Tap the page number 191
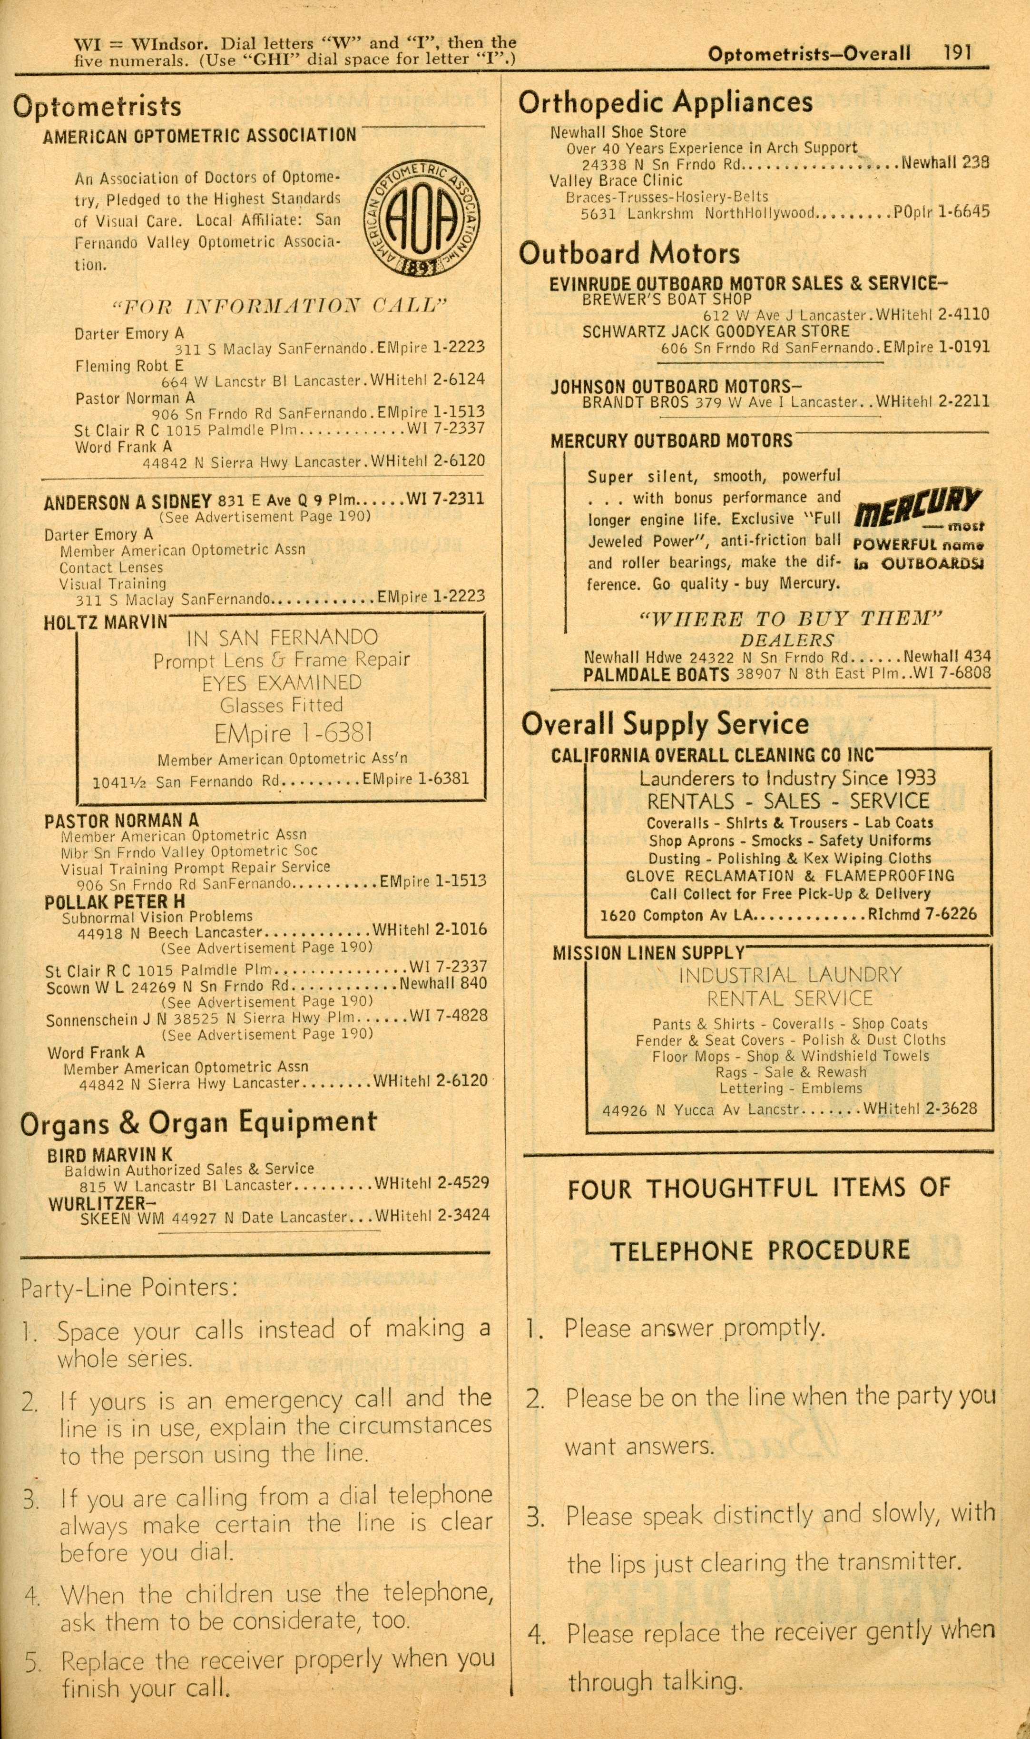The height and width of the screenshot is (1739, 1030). coord(957,53)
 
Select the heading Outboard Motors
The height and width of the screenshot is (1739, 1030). coord(629,253)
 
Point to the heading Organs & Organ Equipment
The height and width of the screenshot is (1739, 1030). coord(198,1123)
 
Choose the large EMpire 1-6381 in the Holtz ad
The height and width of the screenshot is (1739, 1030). coord(293,733)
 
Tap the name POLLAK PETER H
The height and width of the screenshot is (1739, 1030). coord(115,902)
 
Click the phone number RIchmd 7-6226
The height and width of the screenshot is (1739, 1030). coord(922,914)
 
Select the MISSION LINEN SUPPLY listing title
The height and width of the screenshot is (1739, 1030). coord(648,953)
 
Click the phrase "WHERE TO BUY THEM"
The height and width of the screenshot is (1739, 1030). coord(790,619)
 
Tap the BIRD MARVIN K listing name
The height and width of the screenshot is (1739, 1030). coord(110,1156)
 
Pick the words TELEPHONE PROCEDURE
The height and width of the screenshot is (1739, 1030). coord(759,1251)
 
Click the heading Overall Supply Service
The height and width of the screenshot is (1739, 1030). coord(664,724)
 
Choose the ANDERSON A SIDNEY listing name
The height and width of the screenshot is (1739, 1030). coord(127,502)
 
